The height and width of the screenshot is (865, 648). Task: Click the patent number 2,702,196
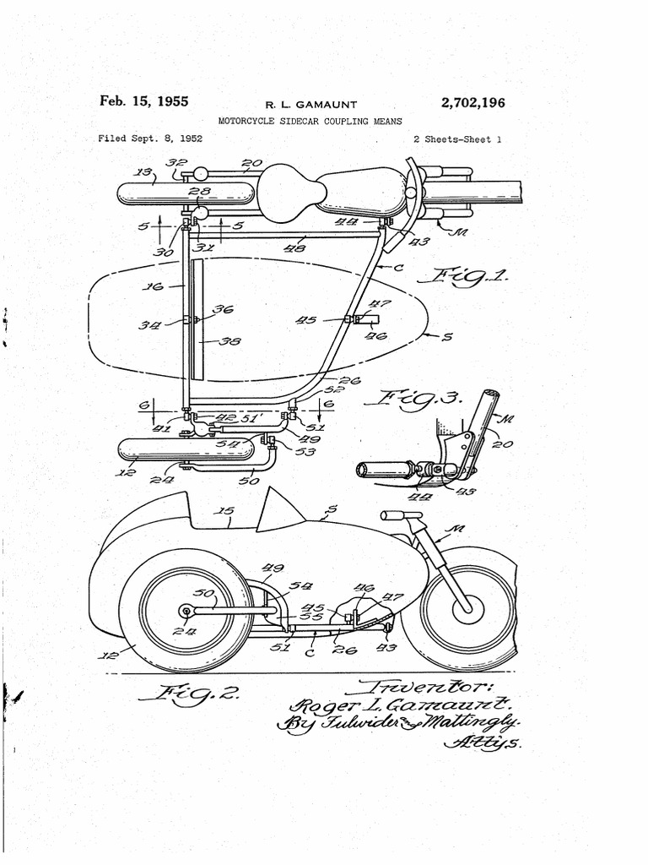(472, 103)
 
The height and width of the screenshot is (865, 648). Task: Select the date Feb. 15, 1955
(143, 101)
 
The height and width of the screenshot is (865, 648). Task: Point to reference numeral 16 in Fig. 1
(153, 286)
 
